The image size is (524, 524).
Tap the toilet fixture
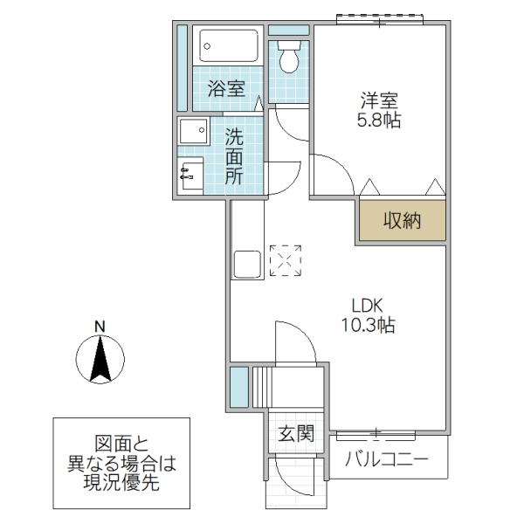tap(288, 58)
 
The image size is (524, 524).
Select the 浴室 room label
tap(225, 88)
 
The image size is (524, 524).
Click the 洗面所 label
tap(234, 156)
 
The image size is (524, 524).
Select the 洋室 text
tap(378, 100)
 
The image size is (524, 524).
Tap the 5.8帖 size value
tap(378, 121)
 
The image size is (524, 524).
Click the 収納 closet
tap(401, 220)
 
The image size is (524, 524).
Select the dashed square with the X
tap(285, 260)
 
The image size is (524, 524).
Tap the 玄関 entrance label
tap(296, 432)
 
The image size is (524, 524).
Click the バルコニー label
tap(387, 459)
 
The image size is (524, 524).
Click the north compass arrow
tap(101, 359)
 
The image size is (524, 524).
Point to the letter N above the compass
tap(100, 327)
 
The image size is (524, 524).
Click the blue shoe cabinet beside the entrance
tap(238, 388)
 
